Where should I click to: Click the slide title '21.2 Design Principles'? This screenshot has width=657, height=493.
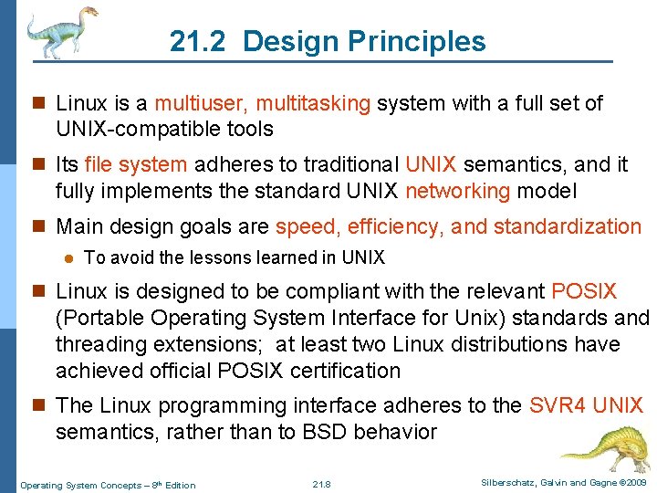(x=328, y=41)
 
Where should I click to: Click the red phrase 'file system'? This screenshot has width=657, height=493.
(x=135, y=165)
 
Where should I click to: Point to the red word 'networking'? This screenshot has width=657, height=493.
(x=457, y=191)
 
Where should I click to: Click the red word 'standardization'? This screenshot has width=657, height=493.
(x=573, y=226)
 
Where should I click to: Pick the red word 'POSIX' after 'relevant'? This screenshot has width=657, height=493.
(x=584, y=292)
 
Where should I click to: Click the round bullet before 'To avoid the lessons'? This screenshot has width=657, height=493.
(x=67, y=259)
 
